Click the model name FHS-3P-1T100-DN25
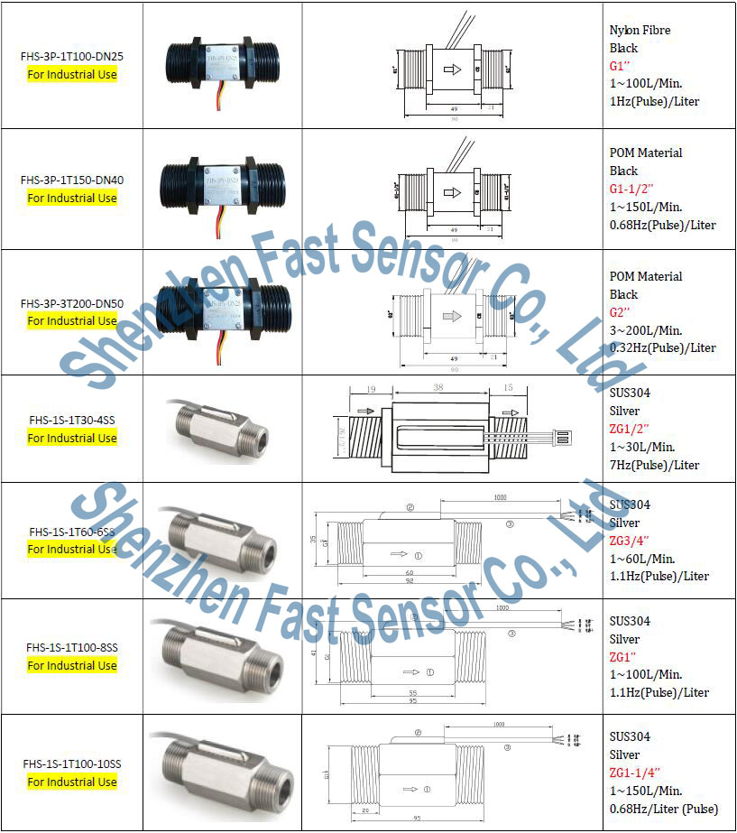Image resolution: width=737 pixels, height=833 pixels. [x=72, y=56]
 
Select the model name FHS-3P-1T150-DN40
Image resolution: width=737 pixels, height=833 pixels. [x=72, y=180]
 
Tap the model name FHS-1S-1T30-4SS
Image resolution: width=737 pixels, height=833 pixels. [x=72, y=420]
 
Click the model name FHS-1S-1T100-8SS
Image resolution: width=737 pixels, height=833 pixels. [x=72, y=647]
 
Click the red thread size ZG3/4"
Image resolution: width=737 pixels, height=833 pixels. [x=630, y=541]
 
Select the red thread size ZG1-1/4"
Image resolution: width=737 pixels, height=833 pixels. [x=635, y=773]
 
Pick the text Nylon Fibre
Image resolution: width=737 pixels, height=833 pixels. [x=640, y=30]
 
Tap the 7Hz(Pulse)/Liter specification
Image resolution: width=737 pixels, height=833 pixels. [x=654, y=465]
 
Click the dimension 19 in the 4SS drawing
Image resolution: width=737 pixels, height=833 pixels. [x=373, y=390]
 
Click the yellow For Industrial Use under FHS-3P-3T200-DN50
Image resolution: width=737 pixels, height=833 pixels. [x=72, y=320]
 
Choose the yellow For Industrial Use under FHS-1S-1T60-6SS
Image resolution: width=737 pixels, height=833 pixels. [x=72, y=549]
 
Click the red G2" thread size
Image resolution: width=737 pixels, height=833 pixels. [x=621, y=312]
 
